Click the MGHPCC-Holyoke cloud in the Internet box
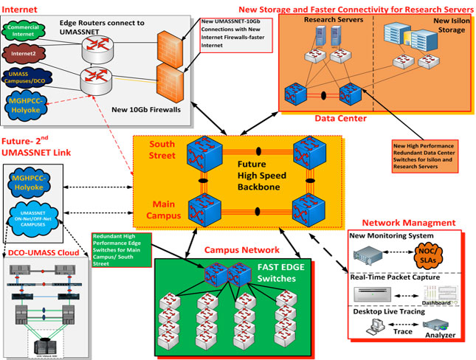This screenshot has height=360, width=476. (27, 104)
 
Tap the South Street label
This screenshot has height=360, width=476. (162, 150)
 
